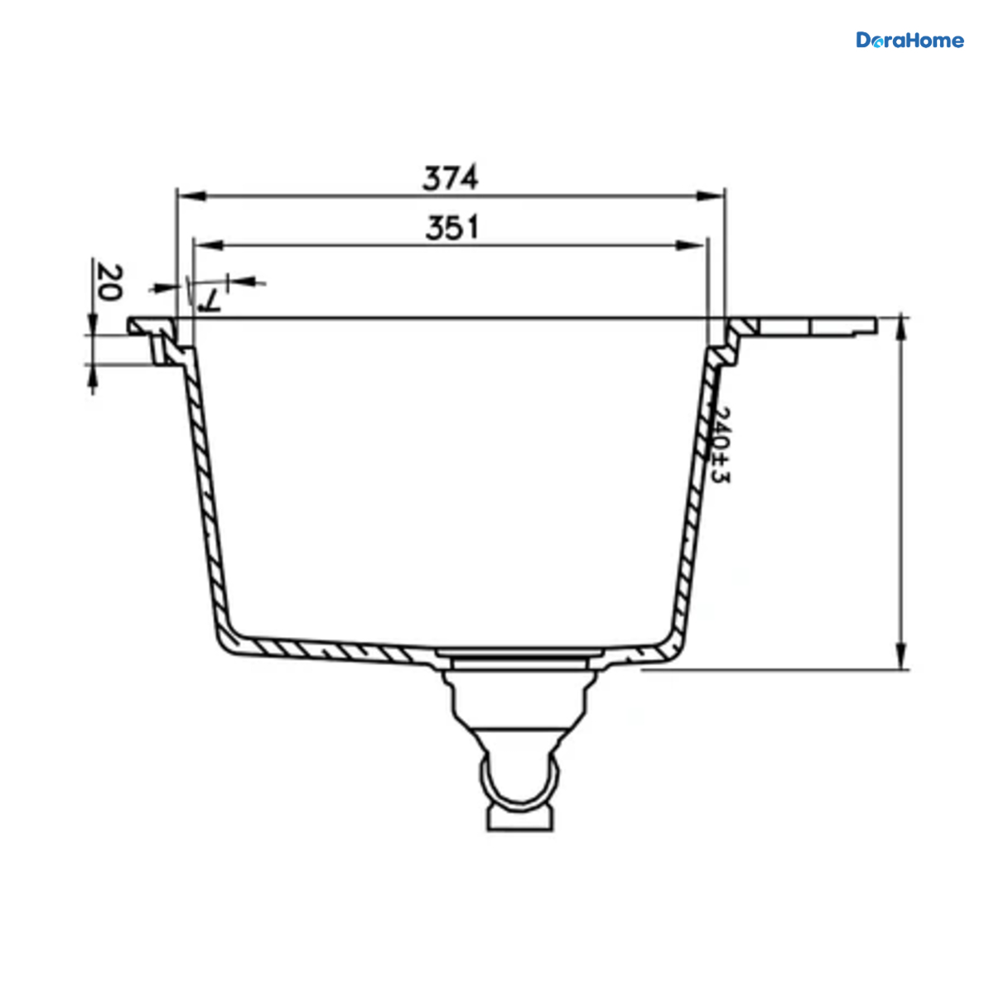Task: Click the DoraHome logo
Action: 910,41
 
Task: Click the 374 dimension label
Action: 451,178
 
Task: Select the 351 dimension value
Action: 452,228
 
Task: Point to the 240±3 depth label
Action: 721,445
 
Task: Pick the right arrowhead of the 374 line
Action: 711,196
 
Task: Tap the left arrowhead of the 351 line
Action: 208,245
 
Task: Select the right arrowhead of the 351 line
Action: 690,245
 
